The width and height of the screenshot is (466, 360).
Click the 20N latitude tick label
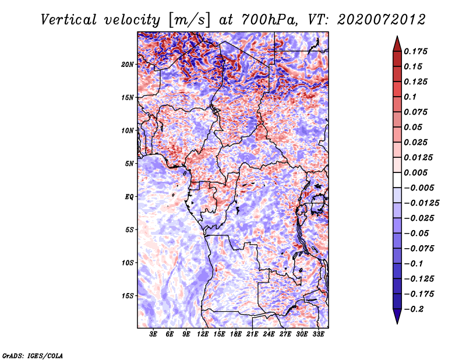click(x=128, y=65)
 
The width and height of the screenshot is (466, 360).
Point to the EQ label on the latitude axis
click(x=129, y=197)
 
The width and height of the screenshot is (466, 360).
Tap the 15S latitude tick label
click(x=128, y=296)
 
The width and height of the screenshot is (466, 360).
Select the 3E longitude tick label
click(x=153, y=334)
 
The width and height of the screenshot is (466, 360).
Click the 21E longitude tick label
click(x=252, y=334)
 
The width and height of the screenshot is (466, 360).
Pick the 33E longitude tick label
click(x=318, y=334)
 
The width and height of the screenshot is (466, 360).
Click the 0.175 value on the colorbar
click(x=415, y=51)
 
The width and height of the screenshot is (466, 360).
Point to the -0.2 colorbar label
click(x=414, y=309)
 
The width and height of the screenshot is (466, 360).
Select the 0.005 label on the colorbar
click(x=415, y=172)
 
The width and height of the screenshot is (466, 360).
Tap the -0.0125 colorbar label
click(x=421, y=203)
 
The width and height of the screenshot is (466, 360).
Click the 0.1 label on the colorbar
click(x=410, y=97)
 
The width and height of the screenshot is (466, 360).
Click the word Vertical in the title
click(x=69, y=20)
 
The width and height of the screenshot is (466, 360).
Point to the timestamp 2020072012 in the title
click(x=382, y=20)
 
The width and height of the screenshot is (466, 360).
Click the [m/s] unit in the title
click(x=189, y=20)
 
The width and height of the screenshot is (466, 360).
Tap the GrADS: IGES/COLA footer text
click(x=33, y=355)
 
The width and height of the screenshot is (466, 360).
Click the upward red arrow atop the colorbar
click(x=397, y=44)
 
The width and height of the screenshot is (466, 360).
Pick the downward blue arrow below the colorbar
click(x=397, y=316)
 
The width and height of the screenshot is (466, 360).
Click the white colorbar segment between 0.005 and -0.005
click(x=397, y=180)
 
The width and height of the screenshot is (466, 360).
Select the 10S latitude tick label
click(x=128, y=263)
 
